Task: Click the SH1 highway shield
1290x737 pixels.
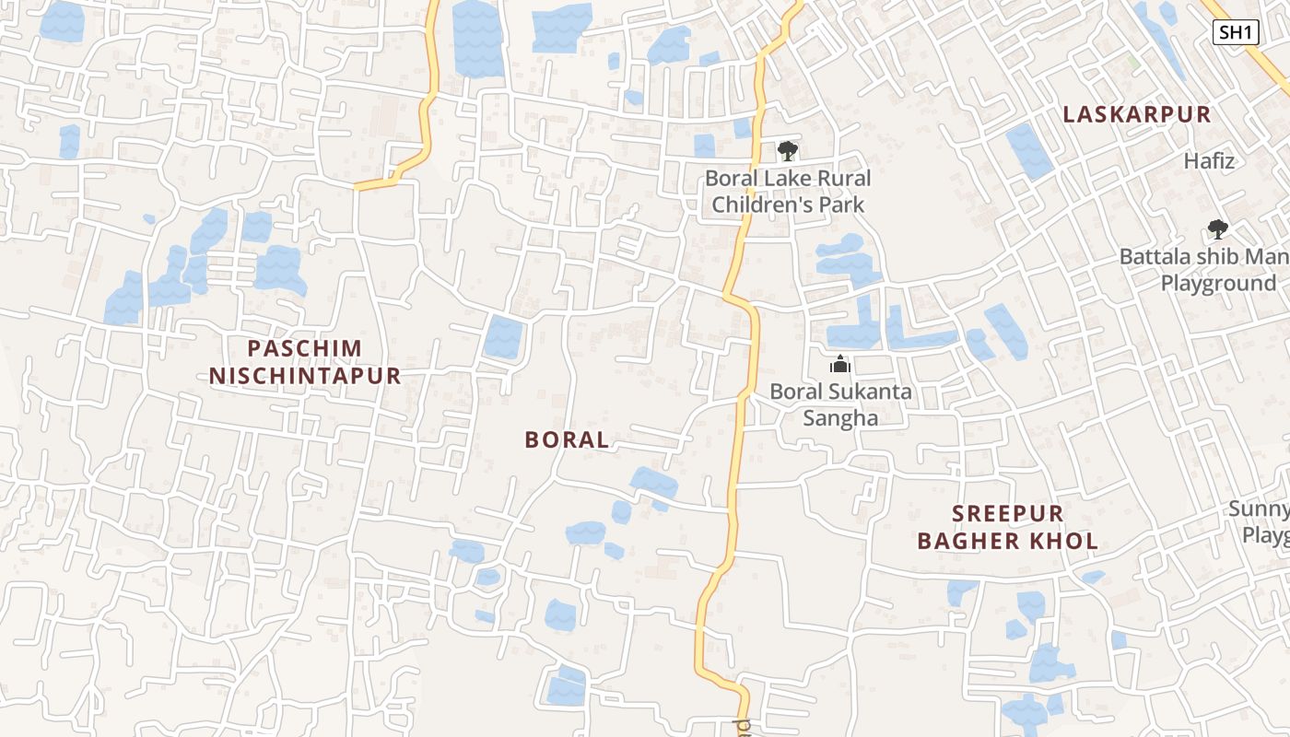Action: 1236,33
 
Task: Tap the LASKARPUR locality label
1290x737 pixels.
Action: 1137,114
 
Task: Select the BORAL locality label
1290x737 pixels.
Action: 567,440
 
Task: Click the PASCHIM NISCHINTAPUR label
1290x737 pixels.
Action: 305,362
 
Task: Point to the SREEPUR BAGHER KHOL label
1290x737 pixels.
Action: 1008,527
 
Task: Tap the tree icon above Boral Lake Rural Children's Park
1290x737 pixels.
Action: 787,150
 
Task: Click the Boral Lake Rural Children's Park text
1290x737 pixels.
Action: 788,191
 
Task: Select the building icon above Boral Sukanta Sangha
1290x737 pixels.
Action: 839,365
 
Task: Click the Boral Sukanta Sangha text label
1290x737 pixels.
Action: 840,404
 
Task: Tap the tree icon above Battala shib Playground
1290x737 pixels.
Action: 1217,229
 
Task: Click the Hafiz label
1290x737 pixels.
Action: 1209,161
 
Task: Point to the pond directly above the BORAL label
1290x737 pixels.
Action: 503,337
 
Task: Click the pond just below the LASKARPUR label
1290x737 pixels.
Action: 1028,151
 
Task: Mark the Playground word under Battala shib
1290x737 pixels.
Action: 1217,284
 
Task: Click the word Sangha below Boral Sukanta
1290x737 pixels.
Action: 840,418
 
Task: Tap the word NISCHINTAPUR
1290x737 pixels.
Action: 305,376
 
